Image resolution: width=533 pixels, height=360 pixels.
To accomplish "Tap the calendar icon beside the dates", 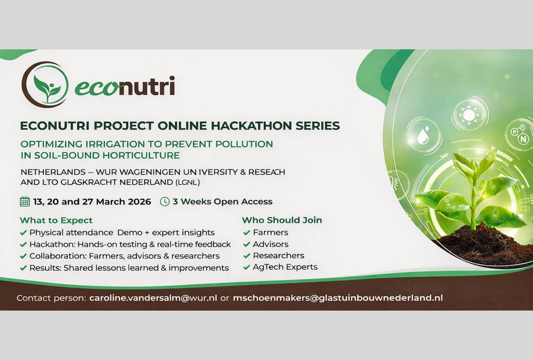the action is (x=25, y=201).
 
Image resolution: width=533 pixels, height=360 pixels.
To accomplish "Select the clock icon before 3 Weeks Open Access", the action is (x=165, y=201).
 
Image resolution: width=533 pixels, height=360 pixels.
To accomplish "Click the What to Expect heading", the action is (x=56, y=220).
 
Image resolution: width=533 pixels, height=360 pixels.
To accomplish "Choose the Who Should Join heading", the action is (x=282, y=220).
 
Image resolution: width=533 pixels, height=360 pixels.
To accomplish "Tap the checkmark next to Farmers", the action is (x=247, y=233).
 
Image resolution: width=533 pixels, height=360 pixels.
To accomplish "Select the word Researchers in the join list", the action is (x=278, y=255).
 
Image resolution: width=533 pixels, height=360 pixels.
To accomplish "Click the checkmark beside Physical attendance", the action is (x=23, y=233).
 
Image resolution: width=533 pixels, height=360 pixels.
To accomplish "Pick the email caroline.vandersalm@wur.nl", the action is (x=153, y=298).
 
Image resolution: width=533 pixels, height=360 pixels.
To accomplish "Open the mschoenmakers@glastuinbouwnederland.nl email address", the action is (x=338, y=298).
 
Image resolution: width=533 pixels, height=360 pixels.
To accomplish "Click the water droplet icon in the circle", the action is (x=423, y=136).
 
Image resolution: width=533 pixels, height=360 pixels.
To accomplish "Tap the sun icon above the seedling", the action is (x=469, y=115).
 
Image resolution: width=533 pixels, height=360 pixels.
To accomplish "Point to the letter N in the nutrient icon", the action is (x=523, y=139).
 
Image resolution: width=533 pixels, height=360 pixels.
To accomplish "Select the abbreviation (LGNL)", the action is (x=188, y=182).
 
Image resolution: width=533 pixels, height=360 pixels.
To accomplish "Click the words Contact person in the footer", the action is (x=51, y=298).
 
